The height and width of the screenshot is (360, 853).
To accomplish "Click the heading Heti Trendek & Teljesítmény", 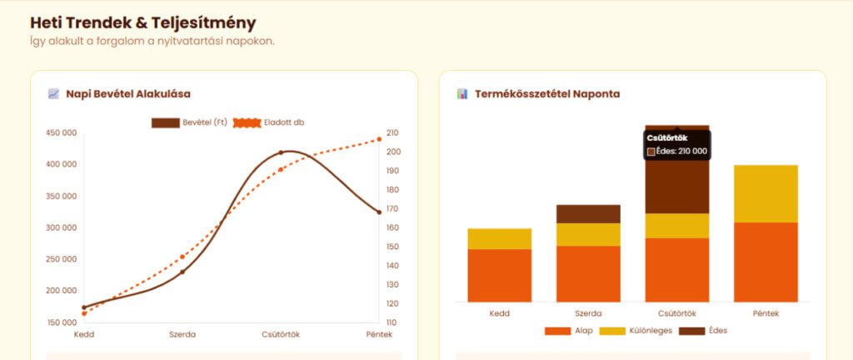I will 142,23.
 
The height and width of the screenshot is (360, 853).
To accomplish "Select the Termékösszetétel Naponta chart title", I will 546,94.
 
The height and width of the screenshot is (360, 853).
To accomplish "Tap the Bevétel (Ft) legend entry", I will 189,122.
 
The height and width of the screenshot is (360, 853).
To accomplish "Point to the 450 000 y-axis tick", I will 60,132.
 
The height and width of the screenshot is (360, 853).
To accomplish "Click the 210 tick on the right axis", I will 393,132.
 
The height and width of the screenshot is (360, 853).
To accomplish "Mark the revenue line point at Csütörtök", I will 281,152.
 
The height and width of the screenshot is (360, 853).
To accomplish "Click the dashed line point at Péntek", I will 379,139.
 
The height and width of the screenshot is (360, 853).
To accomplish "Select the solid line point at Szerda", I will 182,272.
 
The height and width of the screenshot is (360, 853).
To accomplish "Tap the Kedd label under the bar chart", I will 500,314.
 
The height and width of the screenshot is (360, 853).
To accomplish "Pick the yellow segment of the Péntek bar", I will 766,193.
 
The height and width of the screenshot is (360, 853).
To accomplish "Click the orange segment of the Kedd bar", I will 500,275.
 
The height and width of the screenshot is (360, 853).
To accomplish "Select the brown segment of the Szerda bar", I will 588,213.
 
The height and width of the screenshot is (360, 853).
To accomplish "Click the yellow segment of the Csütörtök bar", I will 676,226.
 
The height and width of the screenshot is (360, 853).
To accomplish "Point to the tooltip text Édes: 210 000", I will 681,152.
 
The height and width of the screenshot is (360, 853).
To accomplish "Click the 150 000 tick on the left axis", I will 60,322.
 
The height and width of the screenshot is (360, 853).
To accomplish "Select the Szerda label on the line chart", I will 182,335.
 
